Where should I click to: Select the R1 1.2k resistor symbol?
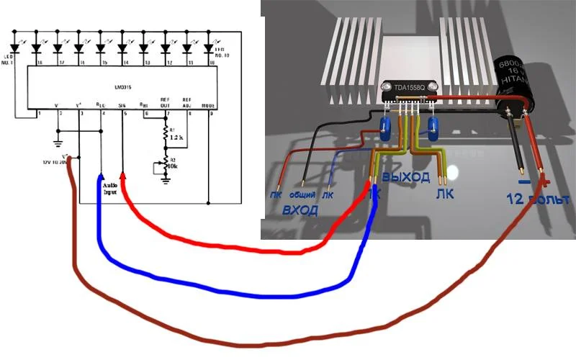pyautogui.click(x=166, y=135)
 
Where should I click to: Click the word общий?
pyautogui.click(x=303, y=195)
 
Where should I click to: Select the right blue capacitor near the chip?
pyautogui.click(x=433, y=130)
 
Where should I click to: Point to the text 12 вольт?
pyautogui.click(x=537, y=198)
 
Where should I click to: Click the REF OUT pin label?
pyautogui.click(x=165, y=102)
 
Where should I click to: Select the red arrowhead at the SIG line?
pyautogui.click(x=123, y=176)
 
